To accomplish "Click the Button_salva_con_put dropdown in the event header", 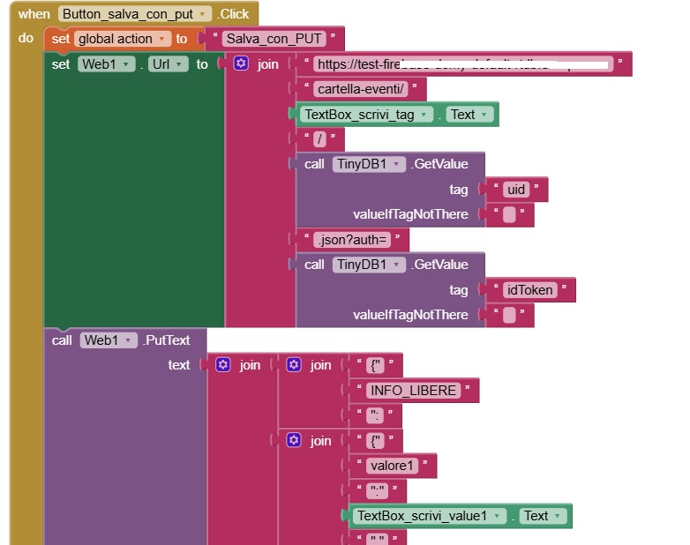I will click(x=136, y=14).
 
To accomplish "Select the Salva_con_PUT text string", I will click(x=274, y=39).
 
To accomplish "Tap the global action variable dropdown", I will click(x=123, y=39).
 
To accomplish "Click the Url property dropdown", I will click(x=169, y=64).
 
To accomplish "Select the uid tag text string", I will click(x=516, y=189).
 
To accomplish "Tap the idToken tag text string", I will click(x=530, y=290).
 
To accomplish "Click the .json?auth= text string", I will click(x=352, y=239).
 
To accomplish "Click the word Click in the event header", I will click(x=235, y=14).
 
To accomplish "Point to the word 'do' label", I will click(x=26, y=39).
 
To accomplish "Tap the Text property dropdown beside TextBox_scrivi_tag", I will click(x=469, y=115).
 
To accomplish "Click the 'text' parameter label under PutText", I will click(x=179, y=365).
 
